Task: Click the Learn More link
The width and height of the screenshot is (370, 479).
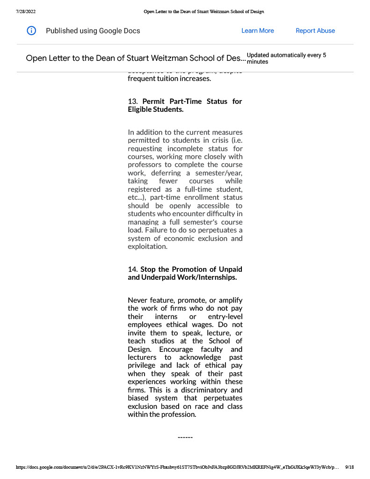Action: coord(257,31)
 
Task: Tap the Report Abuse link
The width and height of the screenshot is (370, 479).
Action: coord(315,31)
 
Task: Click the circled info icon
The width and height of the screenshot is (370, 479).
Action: coord(31,31)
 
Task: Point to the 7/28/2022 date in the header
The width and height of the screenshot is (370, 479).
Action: coord(26,11)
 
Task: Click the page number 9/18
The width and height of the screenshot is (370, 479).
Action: coord(349,467)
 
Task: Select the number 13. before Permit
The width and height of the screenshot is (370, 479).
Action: coord(133,102)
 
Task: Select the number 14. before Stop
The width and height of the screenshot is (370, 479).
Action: coord(133,269)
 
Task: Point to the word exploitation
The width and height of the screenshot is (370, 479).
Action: coord(147,247)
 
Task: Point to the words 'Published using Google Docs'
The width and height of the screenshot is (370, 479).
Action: coord(93,31)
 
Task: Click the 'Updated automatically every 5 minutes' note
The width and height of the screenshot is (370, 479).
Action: coord(286,58)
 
